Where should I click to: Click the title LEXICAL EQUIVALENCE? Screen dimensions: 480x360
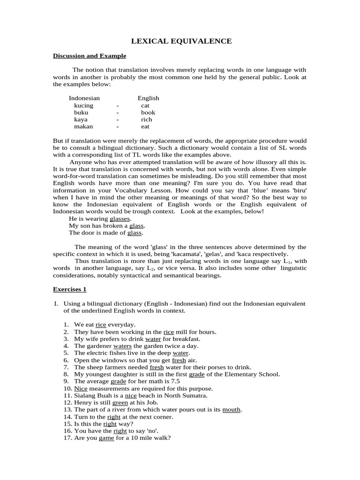[x=181, y=41]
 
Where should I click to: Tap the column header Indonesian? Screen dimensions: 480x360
[x=84, y=98]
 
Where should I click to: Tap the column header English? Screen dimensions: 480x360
[x=148, y=98]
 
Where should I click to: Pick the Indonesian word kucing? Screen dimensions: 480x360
[x=83, y=105]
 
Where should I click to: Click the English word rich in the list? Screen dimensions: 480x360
[x=146, y=120]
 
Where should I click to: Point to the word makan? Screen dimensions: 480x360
[x=83, y=127]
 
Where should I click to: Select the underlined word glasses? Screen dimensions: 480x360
[x=120, y=218]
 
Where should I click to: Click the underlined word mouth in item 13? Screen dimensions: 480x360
[x=231, y=409]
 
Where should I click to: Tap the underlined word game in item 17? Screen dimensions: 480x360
[x=106, y=438]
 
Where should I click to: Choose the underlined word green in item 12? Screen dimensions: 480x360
[x=120, y=402]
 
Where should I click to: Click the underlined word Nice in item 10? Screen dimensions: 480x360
[x=81, y=388]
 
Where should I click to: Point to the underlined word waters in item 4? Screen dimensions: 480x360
[x=122, y=345]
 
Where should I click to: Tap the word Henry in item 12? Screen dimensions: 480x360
[x=82, y=402]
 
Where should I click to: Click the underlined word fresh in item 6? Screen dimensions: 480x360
[x=179, y=360]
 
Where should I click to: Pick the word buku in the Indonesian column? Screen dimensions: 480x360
[x=81, y=112]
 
